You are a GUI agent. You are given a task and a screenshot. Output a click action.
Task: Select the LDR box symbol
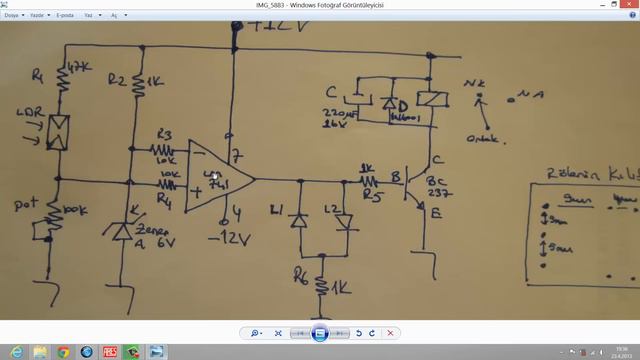[x=59, y=130]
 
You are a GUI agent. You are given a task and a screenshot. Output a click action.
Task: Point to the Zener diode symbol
[x=122, y=232]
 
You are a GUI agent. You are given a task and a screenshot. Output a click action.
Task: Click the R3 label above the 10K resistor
[x=166, y=135]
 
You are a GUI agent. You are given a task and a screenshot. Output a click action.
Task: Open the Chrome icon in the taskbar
[x=63, y=352]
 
